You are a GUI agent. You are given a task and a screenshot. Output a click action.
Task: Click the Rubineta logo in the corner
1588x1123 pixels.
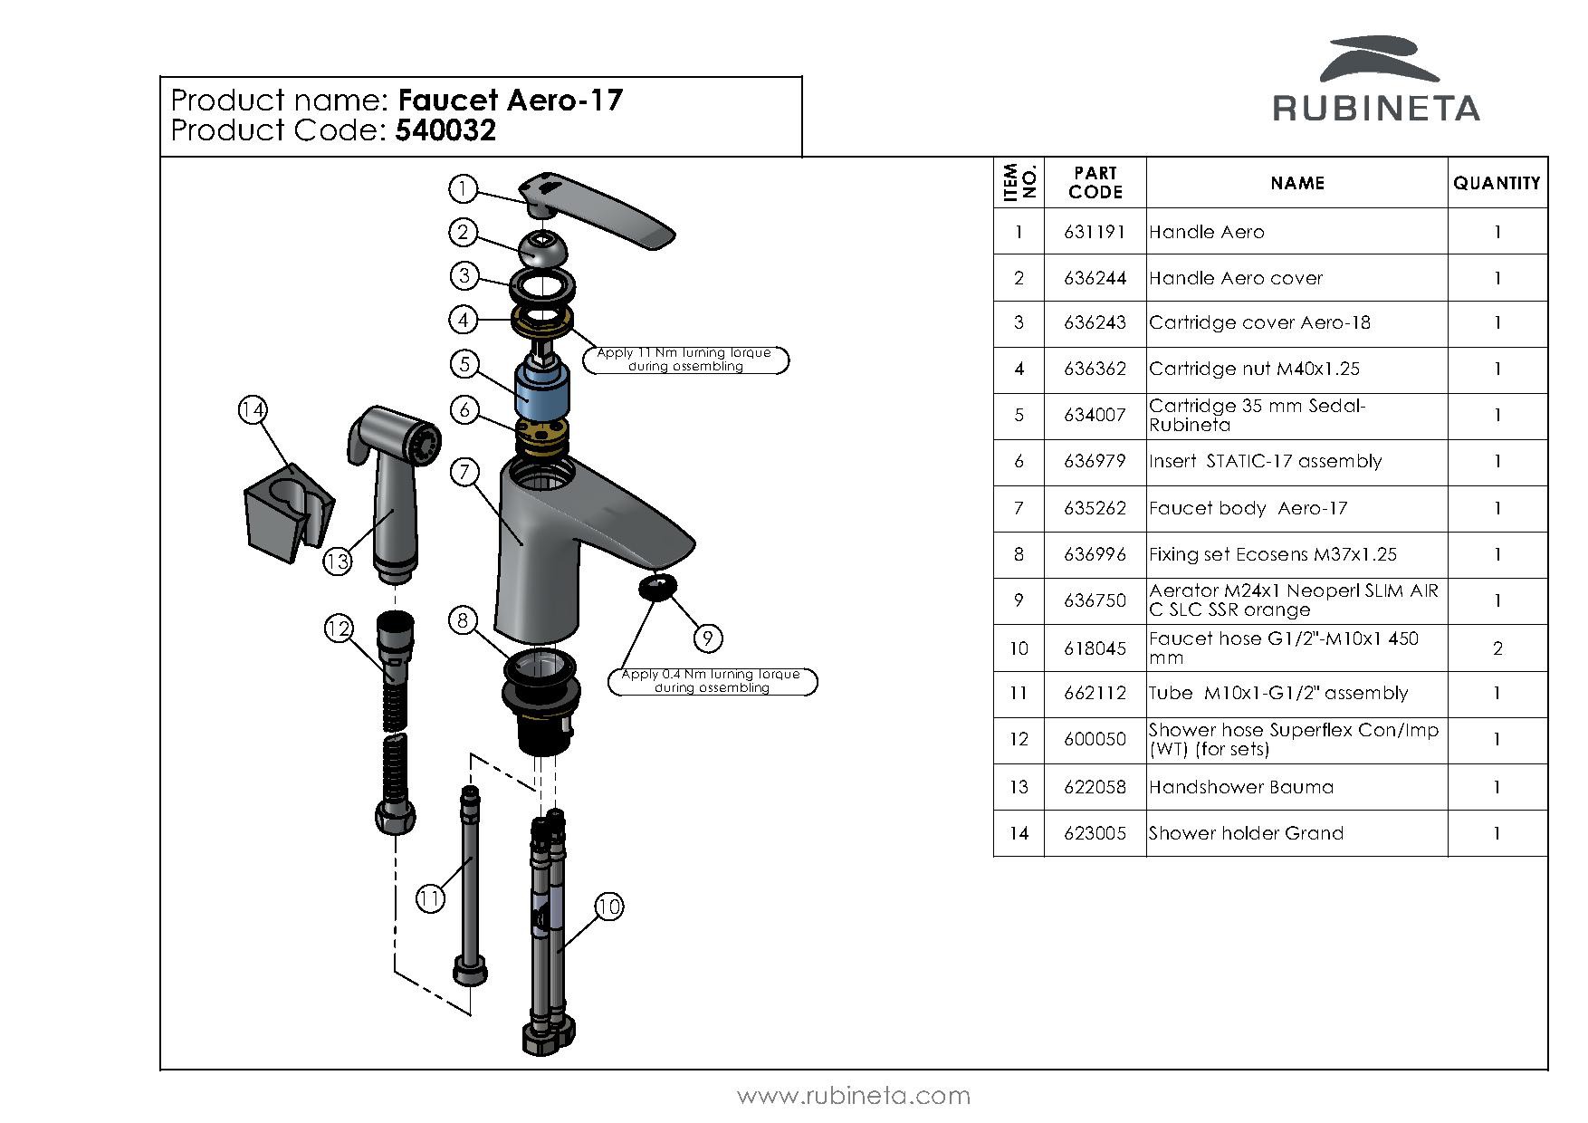tap(1376, 82)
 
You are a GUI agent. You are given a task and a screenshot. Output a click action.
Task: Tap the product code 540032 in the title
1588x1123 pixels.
tap(445, 131)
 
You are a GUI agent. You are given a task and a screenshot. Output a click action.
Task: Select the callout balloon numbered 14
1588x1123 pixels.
tap(253, 410)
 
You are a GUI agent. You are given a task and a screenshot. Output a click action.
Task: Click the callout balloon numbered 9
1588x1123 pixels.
tap(707, 638)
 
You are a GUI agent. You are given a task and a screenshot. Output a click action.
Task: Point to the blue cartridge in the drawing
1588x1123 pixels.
tap(540, 389)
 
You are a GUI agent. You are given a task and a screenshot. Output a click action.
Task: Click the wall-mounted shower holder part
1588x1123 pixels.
tap(287, 512)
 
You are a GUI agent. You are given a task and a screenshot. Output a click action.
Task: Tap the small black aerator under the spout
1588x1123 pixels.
tap(657, 586)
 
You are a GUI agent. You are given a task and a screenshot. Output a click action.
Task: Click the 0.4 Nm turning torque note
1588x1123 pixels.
tap(712, 681)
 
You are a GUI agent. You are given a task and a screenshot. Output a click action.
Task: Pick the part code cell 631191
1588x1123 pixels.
tap(1095, 232)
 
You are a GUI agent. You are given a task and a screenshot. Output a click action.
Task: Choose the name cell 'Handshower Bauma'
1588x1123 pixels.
tap(1241, 787)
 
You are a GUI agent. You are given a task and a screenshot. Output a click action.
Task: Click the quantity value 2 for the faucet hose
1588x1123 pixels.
tap(1497, 648)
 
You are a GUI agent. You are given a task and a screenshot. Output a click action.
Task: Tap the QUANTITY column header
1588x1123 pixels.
tap(1497, 183)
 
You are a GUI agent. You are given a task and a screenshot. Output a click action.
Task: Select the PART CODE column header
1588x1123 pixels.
tap(1095, 183)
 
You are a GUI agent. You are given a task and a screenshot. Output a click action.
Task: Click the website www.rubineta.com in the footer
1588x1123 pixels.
tap(854, 1096)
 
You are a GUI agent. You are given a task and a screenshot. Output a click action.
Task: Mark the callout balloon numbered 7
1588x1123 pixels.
tap(464, 472)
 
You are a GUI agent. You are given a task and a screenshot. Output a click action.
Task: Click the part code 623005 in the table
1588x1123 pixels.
tap(1095, 833)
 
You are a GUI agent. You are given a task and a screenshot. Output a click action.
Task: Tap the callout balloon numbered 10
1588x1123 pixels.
tap(609, 907)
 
